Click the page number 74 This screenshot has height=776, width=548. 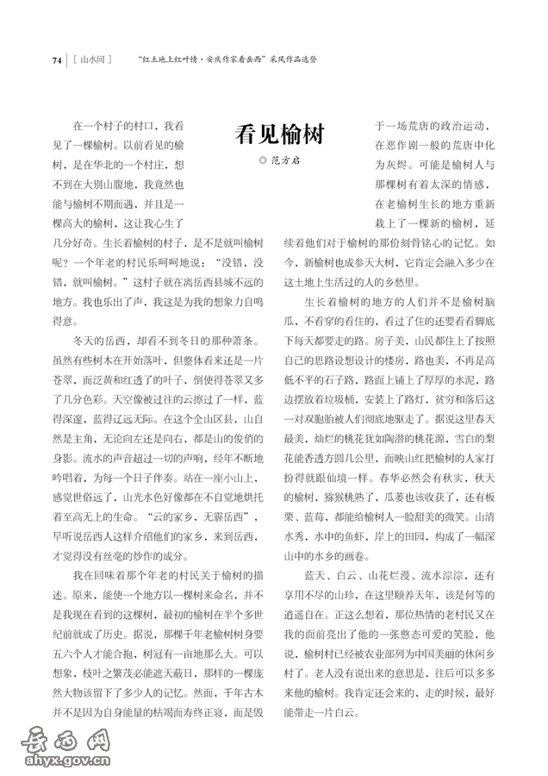(x=57, y=60)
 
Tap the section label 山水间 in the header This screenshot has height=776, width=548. (x=93, y=60)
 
